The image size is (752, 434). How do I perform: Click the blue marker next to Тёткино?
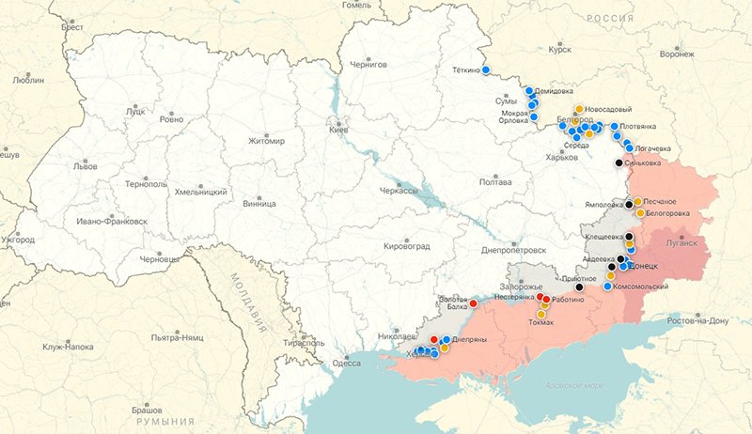(x=486, y=70)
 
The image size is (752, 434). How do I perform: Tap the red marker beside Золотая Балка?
(x=473, y=303)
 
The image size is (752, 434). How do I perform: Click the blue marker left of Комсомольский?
(x=607, y=287)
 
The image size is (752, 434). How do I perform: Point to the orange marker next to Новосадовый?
(x=580, y=109)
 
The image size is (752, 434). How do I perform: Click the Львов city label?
(x=84, y=166)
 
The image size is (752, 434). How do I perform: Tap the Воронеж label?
(x=677, y=54)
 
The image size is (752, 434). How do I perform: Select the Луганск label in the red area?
(x=681, y=242)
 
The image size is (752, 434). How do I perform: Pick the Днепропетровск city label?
(x=512, y=251)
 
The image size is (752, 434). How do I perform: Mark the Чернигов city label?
(x=368, y=65)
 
